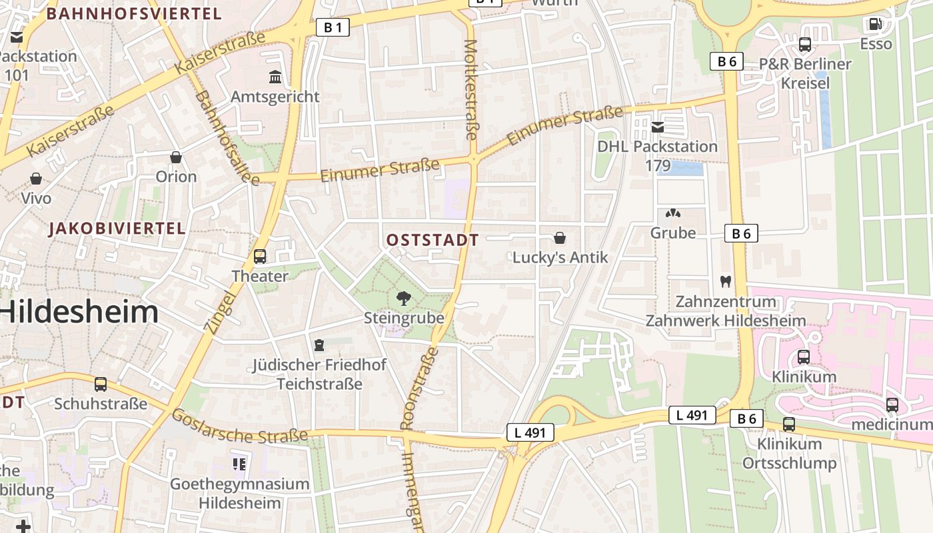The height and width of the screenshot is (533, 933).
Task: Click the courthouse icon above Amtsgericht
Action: point(275,77)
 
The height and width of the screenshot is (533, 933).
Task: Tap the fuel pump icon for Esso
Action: point(875,25)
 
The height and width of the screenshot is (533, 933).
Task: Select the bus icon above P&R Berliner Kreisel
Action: point(805,45)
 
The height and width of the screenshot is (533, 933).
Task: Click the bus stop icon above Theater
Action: point(260,257)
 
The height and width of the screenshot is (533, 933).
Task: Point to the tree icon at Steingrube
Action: point(403,298)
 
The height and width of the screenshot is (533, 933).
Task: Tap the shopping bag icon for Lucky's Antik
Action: point(560,238)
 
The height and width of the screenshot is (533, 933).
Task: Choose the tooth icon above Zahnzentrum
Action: point(726,282)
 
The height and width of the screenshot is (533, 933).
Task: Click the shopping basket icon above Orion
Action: point(176,157)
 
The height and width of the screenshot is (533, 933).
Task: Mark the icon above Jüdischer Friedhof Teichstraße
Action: point(319,345)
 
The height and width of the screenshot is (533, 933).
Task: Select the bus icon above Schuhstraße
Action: point(101,384)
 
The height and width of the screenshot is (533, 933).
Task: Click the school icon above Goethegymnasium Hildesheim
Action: point(239,464)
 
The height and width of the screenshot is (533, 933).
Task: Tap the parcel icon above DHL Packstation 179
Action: point(658,127)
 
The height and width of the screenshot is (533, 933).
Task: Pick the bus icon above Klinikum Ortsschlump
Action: point(789,424)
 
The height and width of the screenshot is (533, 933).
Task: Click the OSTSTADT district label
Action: point(433,241)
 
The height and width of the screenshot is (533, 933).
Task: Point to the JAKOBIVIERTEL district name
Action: point(117,229)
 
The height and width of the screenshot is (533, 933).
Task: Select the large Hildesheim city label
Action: point(79,312)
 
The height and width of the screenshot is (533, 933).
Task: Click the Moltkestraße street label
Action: point(470,89)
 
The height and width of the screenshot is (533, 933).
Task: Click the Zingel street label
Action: point(221,313)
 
